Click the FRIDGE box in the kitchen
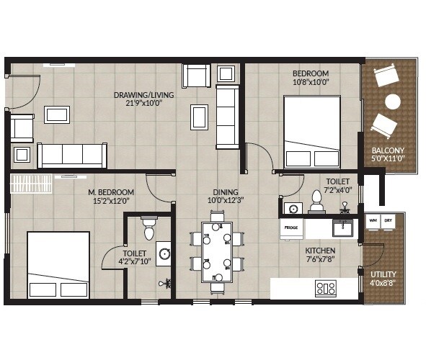[x=290, y=228]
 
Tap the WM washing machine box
[x=373, y=220]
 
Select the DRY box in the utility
[x=389, y=220]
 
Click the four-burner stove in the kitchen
[x=326, y=289]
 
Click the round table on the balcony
[x=393, y=101]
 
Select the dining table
[x=217, y=252]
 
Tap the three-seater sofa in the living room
[x=74, y=155]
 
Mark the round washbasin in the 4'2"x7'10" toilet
[x=164, y=253]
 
